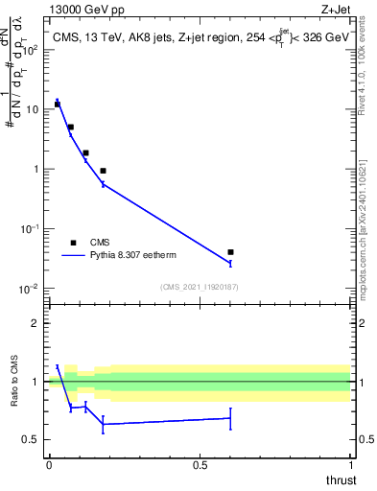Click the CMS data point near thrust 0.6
[230, 252]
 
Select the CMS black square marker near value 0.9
[103, 171]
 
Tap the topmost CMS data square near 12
[58, 104]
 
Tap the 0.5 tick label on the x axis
[200, 465]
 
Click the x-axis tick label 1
[350, 465]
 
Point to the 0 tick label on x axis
[49, 465]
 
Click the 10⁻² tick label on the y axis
[31, 289]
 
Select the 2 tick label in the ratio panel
[36, 323]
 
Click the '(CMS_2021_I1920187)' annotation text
[200, 287]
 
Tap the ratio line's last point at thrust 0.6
[230, 418]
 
